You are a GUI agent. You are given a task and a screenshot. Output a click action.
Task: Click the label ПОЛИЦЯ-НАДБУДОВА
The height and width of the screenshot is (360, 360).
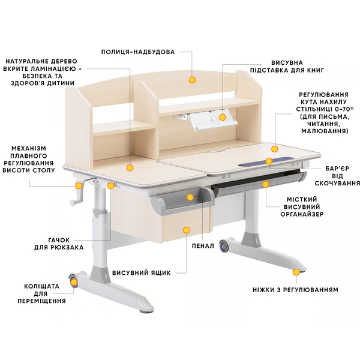138,52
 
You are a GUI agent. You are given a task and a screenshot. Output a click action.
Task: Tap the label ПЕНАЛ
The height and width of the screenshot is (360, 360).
203,246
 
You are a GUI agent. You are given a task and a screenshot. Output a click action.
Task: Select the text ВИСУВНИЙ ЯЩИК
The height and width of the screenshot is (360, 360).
142,273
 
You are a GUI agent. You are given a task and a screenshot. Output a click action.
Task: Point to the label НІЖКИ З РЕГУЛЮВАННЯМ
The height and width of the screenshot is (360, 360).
295,290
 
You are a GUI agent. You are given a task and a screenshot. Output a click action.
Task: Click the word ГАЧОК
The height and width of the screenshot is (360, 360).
59,240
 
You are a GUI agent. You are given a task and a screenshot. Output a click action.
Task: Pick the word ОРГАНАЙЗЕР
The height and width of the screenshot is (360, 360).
302,214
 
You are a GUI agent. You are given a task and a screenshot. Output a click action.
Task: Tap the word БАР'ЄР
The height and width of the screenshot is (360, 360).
337,169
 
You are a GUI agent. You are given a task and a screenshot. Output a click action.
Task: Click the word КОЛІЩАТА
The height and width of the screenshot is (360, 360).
42,286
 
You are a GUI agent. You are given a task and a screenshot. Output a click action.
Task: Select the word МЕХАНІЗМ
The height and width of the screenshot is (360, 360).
29,148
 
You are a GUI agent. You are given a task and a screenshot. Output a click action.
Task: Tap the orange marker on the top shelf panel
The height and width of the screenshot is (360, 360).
192,80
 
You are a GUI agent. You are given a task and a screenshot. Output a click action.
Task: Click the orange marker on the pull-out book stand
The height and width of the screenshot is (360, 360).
222,118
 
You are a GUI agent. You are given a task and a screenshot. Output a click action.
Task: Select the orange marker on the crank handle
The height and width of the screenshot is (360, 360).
79,185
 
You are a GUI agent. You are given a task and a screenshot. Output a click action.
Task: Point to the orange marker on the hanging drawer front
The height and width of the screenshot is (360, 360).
186,230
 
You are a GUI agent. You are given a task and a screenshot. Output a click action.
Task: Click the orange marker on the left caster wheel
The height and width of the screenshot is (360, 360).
74,282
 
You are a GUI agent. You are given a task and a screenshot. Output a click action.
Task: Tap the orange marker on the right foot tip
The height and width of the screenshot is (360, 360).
296,272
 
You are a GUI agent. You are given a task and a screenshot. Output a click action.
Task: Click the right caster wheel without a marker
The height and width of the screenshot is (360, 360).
224,246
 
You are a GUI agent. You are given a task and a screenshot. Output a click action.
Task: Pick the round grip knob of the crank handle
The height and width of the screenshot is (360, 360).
72,202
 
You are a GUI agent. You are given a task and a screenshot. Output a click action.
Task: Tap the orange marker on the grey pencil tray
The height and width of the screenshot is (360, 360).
190,197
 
